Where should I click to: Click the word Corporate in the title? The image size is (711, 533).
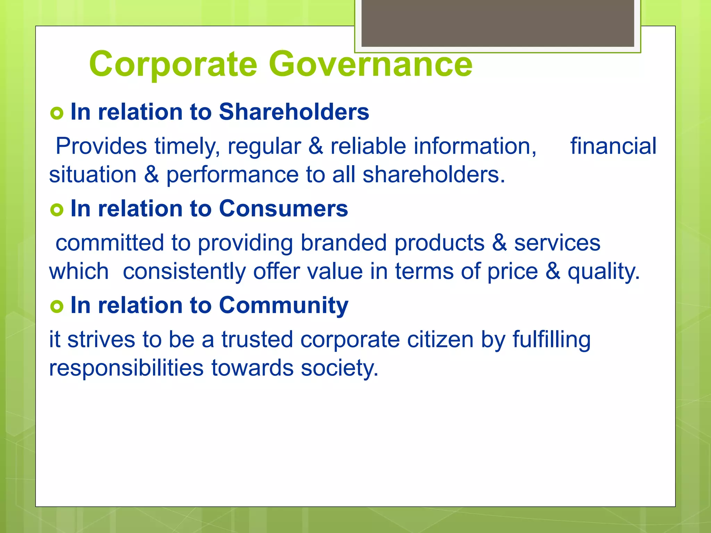click(x=173, y=64)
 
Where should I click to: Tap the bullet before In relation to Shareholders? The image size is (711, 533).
click(x=57, y=113)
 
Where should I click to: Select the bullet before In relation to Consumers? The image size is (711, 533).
click(x=57, y=210)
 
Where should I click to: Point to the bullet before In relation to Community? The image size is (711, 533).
click(x=57, y=306)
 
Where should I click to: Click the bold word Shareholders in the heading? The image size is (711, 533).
click(x=294, y=112)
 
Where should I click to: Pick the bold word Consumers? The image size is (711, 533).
click(x=283, y=209)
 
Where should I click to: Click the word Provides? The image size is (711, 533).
click(x=101, y=146)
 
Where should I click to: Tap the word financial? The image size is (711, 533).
click(x=613, y=146)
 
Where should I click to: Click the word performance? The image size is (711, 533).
click(x=232, y=175)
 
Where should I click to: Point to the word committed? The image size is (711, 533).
click(x=110, y=243)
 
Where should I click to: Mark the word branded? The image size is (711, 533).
click(x=343, y=243)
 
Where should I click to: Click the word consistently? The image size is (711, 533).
click(x=184, y=271)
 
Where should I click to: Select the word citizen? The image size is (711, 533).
click(x=440, y=339)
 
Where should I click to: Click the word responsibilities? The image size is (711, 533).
click(x=126, y=368)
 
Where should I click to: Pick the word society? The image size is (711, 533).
click(x=339, y=369)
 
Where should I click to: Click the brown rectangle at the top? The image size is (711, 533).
click(x=497, y=23)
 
